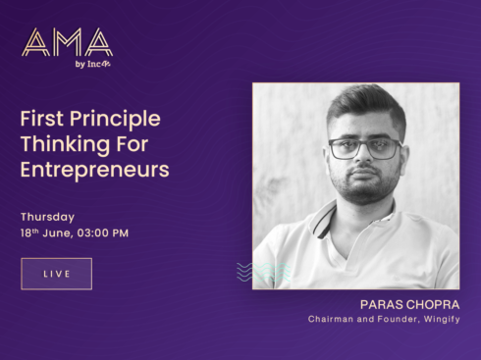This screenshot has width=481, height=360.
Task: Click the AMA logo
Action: [67, 41]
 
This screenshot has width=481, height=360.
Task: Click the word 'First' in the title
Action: [41, 119]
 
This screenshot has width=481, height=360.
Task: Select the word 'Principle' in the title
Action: [114, 119]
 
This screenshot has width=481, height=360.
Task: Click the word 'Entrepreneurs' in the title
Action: [94, 170]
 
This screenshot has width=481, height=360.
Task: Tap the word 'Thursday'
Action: [47, 217]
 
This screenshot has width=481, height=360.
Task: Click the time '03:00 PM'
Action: [101, 233]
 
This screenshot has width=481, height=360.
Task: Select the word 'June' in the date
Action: [59, 233]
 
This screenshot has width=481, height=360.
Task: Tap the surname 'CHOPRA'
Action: [432, 304]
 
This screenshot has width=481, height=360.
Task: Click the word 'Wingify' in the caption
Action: [441, 319]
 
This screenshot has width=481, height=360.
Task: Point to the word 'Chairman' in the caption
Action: [332, 319]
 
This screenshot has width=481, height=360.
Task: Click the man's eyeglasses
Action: [362, 148]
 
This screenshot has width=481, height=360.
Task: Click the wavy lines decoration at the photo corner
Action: [256, 272]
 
